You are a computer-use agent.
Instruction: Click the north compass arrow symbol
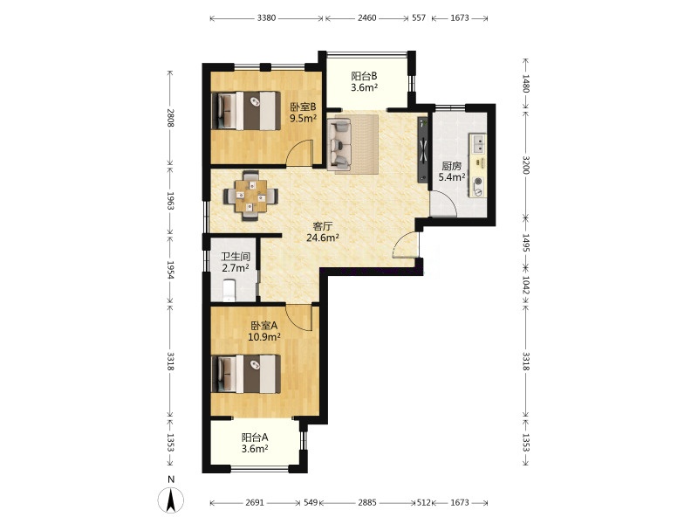click(x=170, y=500)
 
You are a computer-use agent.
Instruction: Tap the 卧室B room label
click(x=303, y=107)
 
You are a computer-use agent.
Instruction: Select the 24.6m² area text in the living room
click(x=323, y=238)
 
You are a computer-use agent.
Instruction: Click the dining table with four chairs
click(x=251, y=196)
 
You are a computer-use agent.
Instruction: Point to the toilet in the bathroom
click(x=229, y=291)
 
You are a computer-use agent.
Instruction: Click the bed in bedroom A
click(x=246, y=374)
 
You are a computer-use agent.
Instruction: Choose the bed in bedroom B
click(x=246, y=111)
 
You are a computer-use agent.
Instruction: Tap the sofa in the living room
click(x=339, y=142)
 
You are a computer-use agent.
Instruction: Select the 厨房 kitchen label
click(x=451, y=167)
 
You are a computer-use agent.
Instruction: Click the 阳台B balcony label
click(x=364, y=76)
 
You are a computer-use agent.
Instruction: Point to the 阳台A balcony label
click(x=255, y=438)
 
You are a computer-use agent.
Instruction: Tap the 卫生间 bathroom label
click(x=236, y=257)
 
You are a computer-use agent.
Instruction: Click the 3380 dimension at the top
click(x=266, y=18)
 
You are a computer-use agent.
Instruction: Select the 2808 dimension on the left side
click(x=169, y=118)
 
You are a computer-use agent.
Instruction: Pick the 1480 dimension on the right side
click(x=526, y=83)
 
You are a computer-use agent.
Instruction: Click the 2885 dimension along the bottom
click(x=367, y=503)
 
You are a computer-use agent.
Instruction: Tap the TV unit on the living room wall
click(x=422, y=149)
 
